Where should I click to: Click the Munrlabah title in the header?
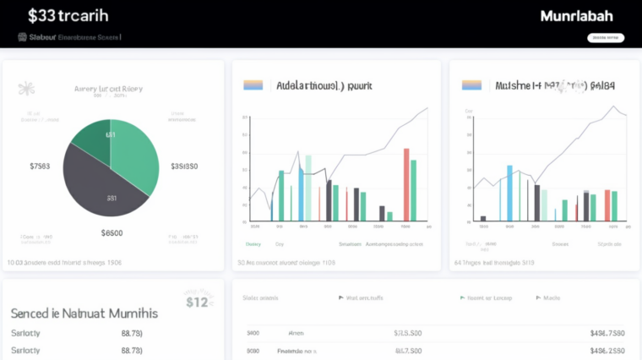pos(577,16)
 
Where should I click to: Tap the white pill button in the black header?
pos(605,37)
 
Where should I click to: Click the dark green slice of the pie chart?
pos(94,139)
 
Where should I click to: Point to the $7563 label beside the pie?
pos(40,166)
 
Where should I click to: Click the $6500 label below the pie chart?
pos(112,232)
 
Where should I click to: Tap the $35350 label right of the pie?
pos(184,166)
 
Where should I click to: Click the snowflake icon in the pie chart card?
pos(26,88)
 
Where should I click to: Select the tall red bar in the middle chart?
pos(406,184)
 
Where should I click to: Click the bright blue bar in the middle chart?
pos(301,194)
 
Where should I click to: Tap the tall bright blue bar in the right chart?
pos(509,193)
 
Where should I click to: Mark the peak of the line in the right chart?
pos(614,106)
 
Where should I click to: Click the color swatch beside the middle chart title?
pos(253,85)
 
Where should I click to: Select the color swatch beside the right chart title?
pos(471,85)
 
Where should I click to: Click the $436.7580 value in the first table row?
pos(607,333)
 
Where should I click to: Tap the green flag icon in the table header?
pos(462,297)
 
